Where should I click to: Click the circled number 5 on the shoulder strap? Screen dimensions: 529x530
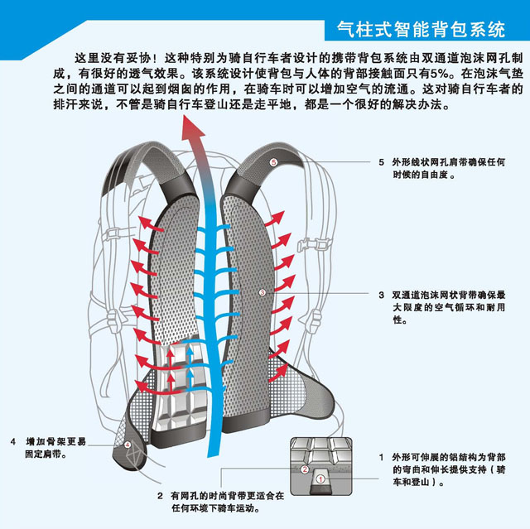pos(273,163)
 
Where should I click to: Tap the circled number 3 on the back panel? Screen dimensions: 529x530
pos(262,292)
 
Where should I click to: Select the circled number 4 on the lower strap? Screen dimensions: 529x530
pos(128,444)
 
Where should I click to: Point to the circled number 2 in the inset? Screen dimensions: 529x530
pos(304,469)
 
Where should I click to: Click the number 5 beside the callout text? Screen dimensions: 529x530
pos(381,163)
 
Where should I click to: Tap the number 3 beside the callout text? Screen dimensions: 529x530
pos(381,294)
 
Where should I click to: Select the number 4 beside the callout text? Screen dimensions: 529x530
pos(14,440)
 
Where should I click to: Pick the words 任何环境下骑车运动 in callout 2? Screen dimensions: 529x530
pos(219,508)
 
